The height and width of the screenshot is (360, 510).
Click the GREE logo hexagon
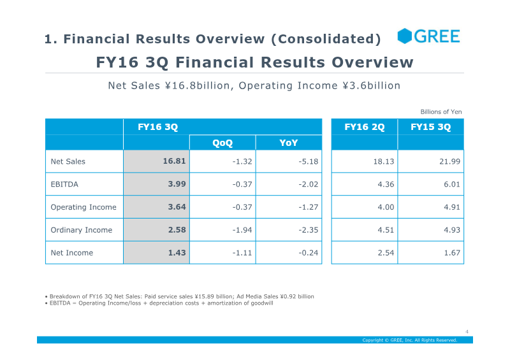click(x=405, y=36)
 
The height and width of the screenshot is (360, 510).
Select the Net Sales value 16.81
click(x=174, y=161)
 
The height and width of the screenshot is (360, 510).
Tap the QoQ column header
click(x=222, y=143)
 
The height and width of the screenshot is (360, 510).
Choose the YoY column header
click(x=289, y=143)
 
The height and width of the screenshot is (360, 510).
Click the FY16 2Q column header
click(x=364, y=127)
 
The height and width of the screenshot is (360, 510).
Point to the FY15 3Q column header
click(x=431, y=127)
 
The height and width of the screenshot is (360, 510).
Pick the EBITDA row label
click(x=64, y=184)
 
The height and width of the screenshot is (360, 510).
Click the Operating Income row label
click(x=84, y=207)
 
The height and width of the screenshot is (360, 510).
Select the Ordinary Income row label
click(x=82, y=230)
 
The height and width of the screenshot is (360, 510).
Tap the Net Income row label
click(x=72, y=253)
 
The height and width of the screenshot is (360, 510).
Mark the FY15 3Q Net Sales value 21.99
click(x=450, y=161)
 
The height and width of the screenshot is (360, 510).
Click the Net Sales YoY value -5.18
click(x=309, y=161)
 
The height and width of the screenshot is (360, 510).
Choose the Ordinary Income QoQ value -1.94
click(x=242, y=230)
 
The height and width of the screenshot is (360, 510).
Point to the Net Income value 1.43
click(x=177, y=252)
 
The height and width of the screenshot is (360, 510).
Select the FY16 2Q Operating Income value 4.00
click(x=386, y=207)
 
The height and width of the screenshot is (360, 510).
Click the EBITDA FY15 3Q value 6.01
click(x=452, y=184)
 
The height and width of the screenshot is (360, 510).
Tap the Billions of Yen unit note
click(x=441, y=112)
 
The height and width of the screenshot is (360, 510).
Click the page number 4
click(x=467, y=332)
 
